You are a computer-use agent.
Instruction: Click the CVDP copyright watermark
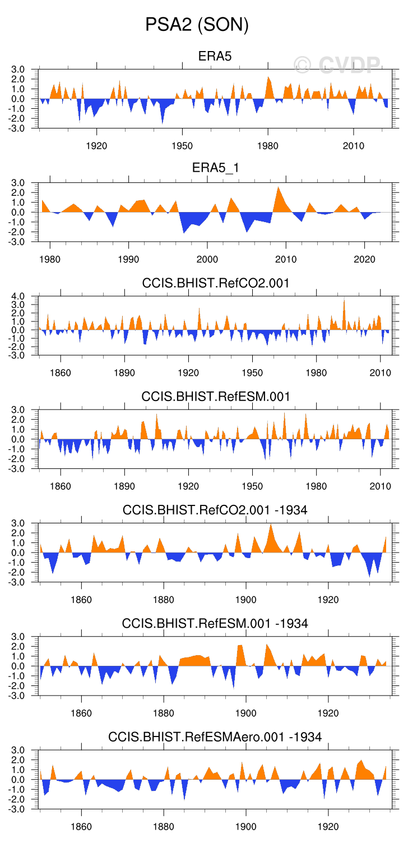coord(337,65)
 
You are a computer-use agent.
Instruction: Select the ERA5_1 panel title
coord(215,169)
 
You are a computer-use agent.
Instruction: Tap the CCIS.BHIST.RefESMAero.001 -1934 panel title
coord(215,736)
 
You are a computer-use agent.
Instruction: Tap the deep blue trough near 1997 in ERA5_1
coord(184,230)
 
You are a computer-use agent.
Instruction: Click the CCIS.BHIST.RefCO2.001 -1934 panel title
coord(215,509)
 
